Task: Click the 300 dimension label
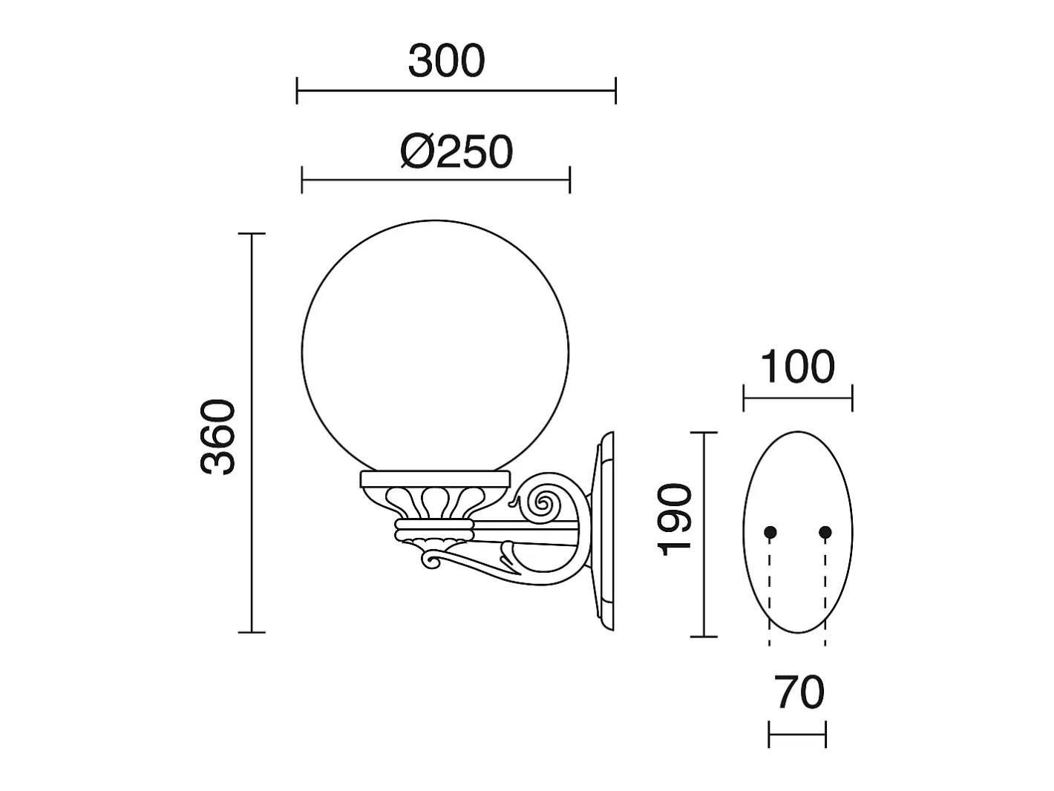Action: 447,61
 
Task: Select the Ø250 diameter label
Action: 456,151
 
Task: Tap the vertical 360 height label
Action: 218,437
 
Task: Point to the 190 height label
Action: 674,520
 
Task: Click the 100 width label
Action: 798,367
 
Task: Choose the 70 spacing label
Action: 799,692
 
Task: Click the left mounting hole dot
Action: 770,532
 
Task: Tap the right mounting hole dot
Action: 825,532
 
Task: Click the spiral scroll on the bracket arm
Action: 543,503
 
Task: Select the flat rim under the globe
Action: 435,479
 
